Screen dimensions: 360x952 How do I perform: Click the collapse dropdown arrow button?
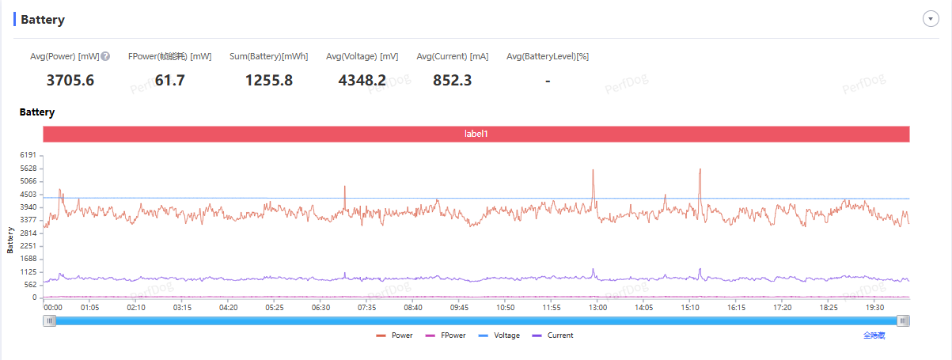tap(930, 19)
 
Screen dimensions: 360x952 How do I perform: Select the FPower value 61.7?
tap(169, 80)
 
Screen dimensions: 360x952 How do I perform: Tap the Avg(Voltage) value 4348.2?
tap(362, 80)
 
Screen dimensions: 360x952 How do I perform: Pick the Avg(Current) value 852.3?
tap(453, 80)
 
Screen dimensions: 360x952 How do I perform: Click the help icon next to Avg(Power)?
tap(105, 56)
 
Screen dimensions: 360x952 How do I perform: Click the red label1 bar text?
tap(476, 134)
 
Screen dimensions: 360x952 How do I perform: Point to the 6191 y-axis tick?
tap(28, 155)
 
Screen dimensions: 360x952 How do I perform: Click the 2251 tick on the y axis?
tap(28, 246)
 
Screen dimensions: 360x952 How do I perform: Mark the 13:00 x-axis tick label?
tap(597, 308)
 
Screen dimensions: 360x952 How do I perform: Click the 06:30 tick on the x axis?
tap(320, 308)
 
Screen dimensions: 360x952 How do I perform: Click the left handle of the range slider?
tap(50, 320)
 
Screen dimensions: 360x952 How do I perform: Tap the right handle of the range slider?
tap(903, 320)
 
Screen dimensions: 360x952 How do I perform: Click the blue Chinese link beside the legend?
tap(874, 335)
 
